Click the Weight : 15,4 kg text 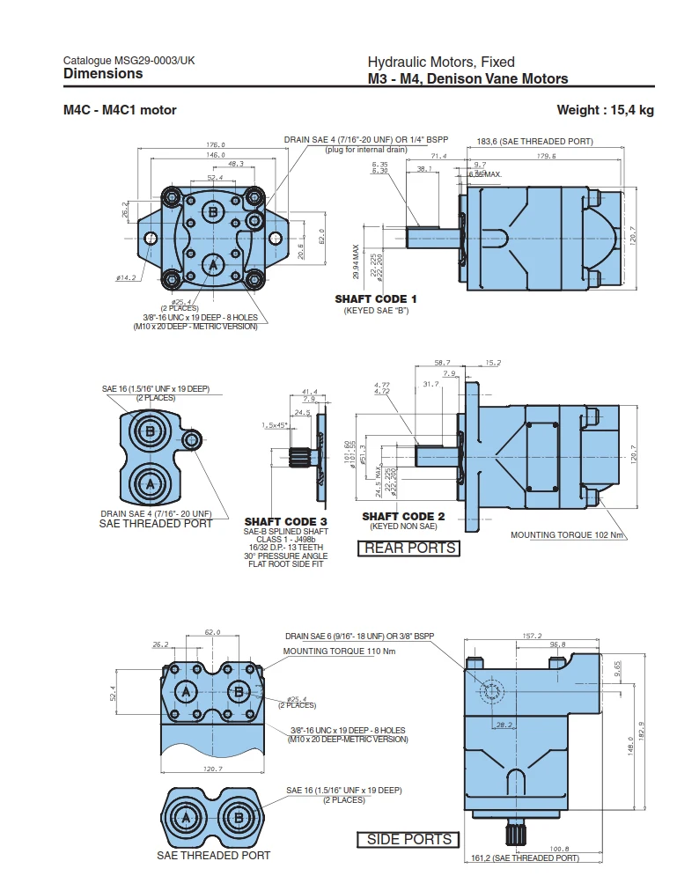click(605, 110)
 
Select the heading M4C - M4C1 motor click(120, 110)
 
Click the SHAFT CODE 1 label click(376, 299)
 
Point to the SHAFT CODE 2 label click(403, 516)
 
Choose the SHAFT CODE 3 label click(285, 522)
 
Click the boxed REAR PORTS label click(410, 548)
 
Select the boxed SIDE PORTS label click(408, 839)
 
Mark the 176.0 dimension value click(216, 144)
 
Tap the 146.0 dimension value click(216, 154)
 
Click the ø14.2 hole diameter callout click(126, 278)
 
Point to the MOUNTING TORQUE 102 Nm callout click(567, 534)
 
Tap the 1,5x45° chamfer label click(275, 425)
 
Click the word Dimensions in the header click(103, 74)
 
